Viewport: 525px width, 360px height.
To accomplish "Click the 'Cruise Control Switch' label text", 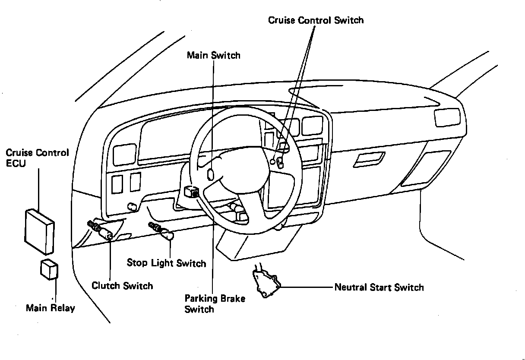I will pos(316,20).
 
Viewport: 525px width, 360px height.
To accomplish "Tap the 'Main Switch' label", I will pos(213,55).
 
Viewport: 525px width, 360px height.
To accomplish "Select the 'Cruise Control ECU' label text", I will pos(37,158).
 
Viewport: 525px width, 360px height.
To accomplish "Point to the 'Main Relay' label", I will pos(50,308).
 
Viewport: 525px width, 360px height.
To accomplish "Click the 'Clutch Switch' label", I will pos(122,286).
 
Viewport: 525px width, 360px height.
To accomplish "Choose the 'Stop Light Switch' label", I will pos(166,263).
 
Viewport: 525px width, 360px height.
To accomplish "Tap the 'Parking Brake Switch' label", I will pos(215,303).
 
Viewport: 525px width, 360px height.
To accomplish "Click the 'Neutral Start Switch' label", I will pos(379,287).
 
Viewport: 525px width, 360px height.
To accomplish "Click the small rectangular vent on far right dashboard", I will pos(447,117).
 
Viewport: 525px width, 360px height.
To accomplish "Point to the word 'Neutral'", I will pos(350,287).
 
